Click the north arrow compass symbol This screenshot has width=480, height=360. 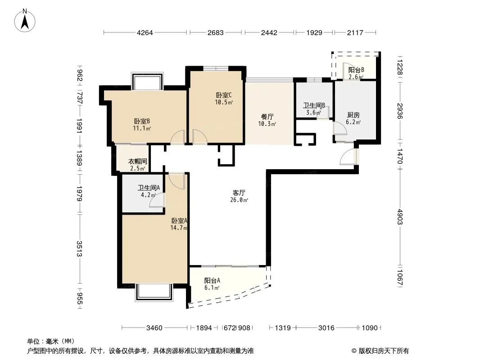tap(25, 20)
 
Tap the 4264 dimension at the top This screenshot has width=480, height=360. tap(145, 33)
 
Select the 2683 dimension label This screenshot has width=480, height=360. tap(216, 33)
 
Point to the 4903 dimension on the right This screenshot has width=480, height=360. tap(400, 217)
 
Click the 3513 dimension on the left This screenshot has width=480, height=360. tap(79, 249)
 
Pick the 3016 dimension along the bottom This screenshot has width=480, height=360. tap(326, 328)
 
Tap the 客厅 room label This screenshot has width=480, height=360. tap(239, 193)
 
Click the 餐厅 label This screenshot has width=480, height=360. tap(267, 117)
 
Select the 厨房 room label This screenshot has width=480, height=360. tap(353, 115)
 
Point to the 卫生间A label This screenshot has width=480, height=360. tap(149, 188)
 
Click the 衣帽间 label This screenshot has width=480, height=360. tap(137, 161)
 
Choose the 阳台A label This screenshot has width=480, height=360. tap(212, 280)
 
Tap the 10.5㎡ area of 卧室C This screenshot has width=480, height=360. tap(224, 102)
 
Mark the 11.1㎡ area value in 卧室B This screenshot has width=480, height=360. tap(142, 128)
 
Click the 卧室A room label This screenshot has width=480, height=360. tap(179, 220)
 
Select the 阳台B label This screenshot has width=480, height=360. tap(356, 70)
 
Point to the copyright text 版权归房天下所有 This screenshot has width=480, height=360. tap(384, 351)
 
